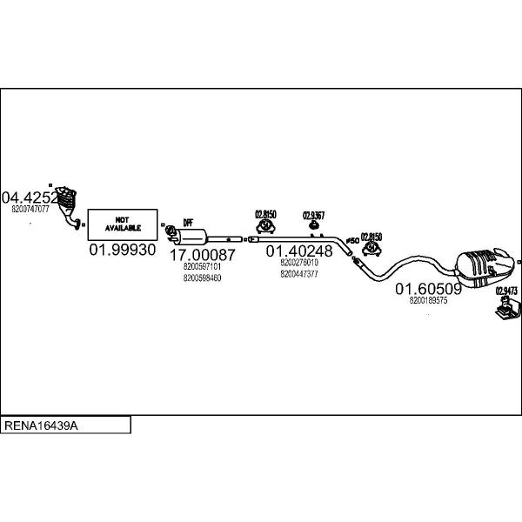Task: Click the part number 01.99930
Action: [x=122, y=250]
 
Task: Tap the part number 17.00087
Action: [x=202, y=255]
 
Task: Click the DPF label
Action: [x=187, y=223]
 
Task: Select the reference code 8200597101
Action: [x=202, y=267]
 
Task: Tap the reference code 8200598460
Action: [x=202, y=278]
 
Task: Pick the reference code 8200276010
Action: [x=299, y=262]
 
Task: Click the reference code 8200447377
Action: [x=299, y=273]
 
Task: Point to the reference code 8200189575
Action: [x=428, y=300]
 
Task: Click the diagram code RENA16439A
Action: [x=43, y=426]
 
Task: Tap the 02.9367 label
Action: [x=313, y=216]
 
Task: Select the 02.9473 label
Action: [x=506, y=291]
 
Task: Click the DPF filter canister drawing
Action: [x=192, y=236]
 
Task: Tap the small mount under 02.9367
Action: [x=313, y=228]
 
